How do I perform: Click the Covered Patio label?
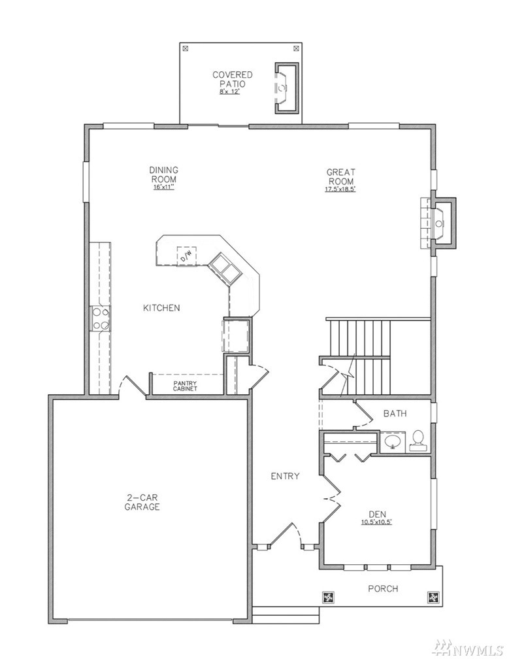[x=232, y=79]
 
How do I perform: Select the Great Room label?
[x=340, y=177]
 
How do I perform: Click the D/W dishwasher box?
[x=186, y=256]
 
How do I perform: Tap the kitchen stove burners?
[x=101, y=318]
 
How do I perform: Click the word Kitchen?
[x=161, y=308]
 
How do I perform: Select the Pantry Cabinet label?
[x=185, y=386]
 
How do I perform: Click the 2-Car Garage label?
[x=142, y=502]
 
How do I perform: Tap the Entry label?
[x=285, y=476]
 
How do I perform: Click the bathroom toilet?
[x=418, y=441]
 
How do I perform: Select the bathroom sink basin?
[x=393, y=442]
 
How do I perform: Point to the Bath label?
[x=395, y=414]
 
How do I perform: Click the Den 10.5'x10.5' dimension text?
[x=377, y=522]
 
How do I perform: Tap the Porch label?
[x=383, y=589]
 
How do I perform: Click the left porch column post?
[x=328, y=598]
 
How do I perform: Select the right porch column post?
[x=433, y=598]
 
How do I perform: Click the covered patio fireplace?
[x=286, y=88]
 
